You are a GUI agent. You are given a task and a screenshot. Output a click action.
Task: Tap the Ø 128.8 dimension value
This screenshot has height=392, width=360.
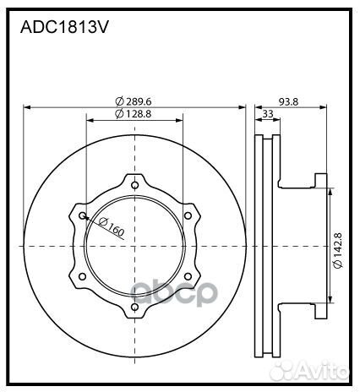point(134,113)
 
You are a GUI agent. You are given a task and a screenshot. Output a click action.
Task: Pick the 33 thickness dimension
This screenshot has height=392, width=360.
point(268,113)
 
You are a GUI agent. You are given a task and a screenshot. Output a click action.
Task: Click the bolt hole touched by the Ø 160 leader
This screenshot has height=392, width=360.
point(82,216)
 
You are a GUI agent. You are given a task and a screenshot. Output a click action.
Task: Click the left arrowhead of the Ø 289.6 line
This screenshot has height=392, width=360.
point(27,107)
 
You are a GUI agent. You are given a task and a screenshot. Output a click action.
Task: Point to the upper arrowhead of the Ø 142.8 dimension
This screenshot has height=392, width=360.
point(330,188)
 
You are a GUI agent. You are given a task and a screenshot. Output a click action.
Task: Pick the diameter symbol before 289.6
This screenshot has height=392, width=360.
point(119,101)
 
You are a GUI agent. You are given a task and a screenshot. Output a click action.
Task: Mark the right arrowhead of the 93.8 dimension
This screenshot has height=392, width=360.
point(325,107)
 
